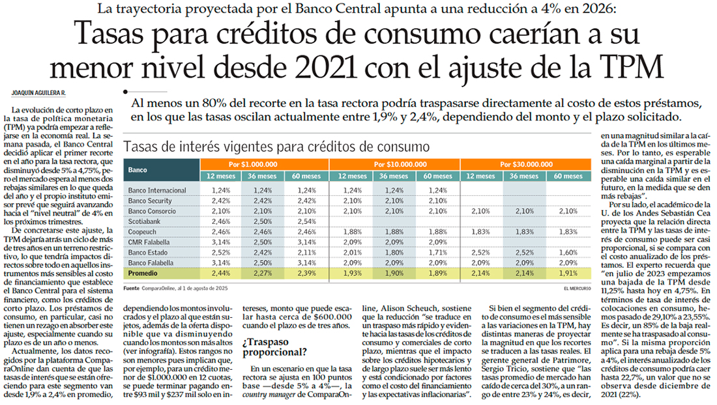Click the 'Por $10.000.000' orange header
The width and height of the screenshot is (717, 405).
394,164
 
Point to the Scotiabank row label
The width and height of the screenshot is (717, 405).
145,222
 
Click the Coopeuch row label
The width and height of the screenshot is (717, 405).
142,232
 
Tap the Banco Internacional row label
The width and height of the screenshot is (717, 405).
157,190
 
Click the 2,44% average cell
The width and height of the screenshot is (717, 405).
222,274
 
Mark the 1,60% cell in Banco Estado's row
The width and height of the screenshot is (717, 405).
568,253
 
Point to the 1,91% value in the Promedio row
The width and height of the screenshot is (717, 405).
568,274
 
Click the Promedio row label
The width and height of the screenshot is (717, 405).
144,274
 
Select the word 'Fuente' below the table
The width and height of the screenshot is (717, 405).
133,287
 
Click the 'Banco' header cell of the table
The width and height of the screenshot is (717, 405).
138,169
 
